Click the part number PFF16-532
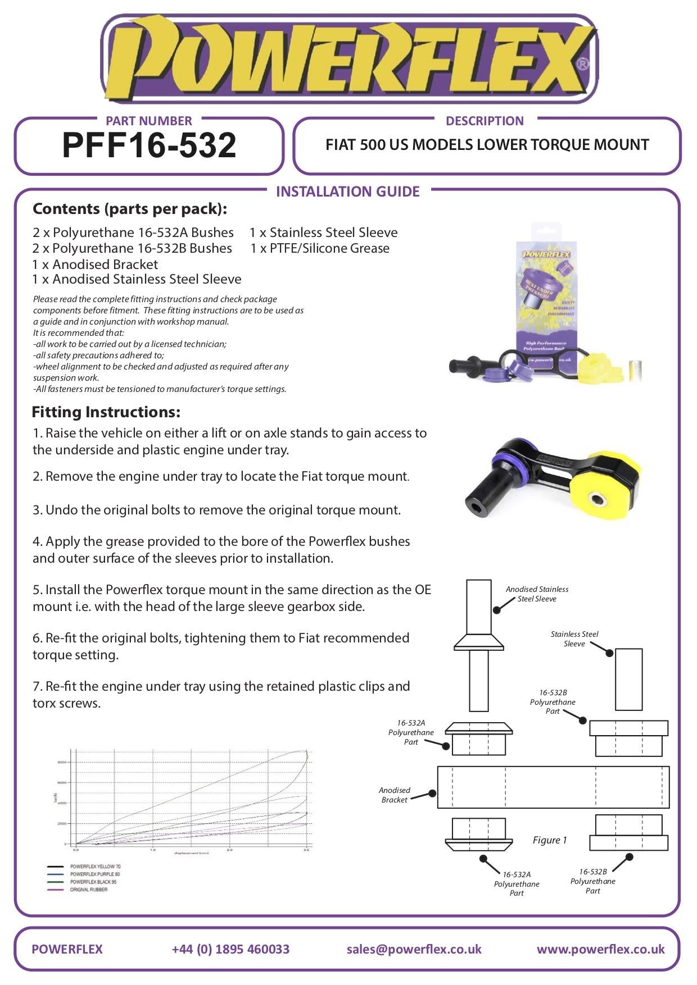click(149, 145)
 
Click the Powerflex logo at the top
click(348, 59)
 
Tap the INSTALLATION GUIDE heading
click(347, 191)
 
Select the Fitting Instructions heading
click(106, 412)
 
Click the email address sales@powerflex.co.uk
click(414, 948)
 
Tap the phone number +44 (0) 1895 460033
click(230, 948)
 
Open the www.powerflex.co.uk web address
click(600, 948)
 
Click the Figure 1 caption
click(549, 840)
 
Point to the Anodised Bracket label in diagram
click(394, 795)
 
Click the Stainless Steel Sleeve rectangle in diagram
click(628, 680)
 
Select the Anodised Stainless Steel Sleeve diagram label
click(537, 594)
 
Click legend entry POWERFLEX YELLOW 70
click(95, 867)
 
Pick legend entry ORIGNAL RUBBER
click(88, 890)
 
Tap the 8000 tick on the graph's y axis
click(62, 762)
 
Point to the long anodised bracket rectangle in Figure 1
click(553, 787)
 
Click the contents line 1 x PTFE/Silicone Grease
click(320, 248)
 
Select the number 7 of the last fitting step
click(36, 686)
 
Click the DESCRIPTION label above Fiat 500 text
click(484, 121)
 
